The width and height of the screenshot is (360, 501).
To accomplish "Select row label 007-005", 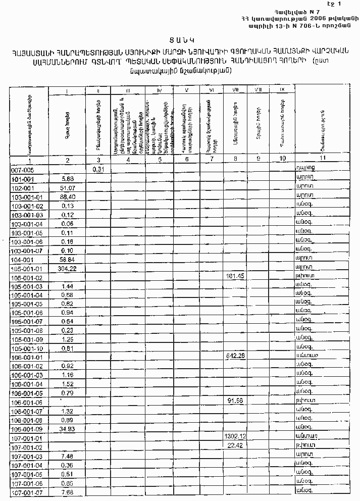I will pyautogui.click(x=23, y=171).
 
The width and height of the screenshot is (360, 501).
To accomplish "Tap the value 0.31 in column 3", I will pyautogui.click(x=98, y=169).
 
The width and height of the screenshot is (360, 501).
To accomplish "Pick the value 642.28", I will pyautogui.click(x=235, y=357).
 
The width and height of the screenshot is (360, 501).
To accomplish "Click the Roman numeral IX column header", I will pyautogui.click(x=282, y=90).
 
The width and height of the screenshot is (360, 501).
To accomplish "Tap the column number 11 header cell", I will pyautogui.click(x=323, y=160).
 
